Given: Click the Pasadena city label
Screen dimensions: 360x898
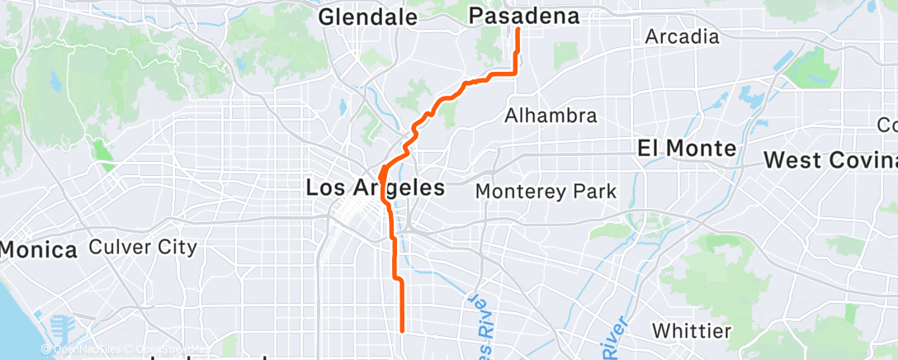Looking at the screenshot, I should [x=523, y=17].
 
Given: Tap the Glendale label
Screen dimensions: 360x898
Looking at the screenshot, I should [x=367, y=17].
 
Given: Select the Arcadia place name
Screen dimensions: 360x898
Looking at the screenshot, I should [x=682, y=37].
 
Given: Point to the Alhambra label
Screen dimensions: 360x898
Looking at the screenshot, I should [x=551, y=115].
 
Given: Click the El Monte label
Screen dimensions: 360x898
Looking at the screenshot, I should [x=687, y=149].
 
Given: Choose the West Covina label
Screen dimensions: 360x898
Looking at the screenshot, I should [x=830, y=159].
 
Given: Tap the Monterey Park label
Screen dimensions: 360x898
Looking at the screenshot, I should [x=546, y=192].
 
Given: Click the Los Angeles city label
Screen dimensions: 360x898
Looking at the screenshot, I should [x=375, y=187].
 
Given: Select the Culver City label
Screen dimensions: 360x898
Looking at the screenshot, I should [x=142, y=247].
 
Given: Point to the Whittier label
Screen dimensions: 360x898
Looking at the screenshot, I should [x=690, y=331].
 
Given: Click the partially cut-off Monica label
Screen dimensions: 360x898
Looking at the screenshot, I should [x=38, y=249].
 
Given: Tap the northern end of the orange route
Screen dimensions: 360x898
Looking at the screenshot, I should [x=518, y=30].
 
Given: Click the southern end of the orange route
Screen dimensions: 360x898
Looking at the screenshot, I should [x=402, y=330].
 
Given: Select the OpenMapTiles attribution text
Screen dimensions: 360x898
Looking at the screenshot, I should [x=86, y=349].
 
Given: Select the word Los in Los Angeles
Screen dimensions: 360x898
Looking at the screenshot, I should [x=324, y=187].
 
